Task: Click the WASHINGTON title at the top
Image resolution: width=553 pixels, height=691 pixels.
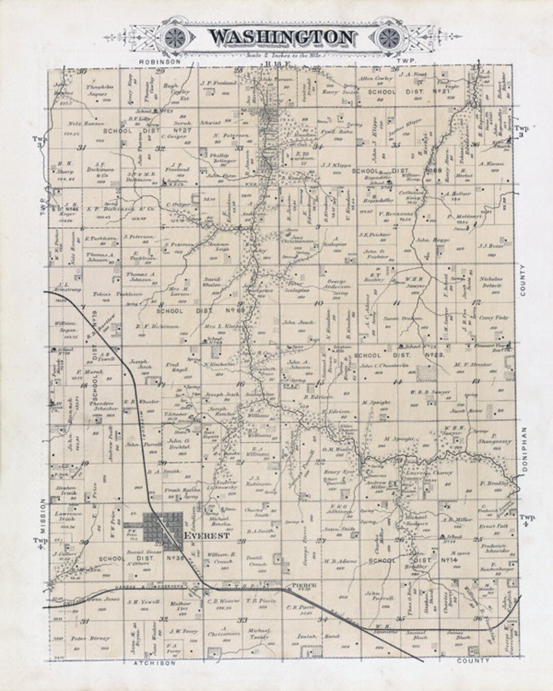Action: coord(281,37)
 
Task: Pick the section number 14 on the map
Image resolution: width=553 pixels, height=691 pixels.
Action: coord(397,382)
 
